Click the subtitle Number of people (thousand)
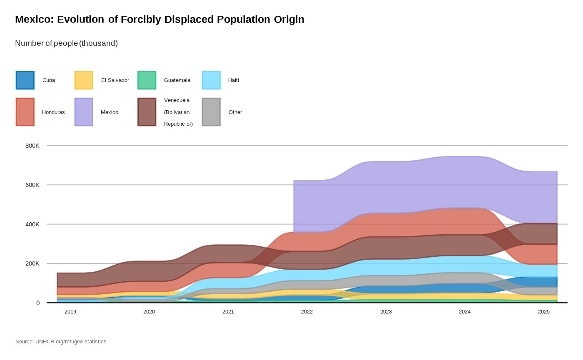[x=66, y=43]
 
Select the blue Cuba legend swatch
[x=25, y=80]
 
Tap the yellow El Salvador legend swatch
[x=84, y=80]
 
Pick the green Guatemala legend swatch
[x=147, y=80]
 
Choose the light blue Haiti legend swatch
[x=211, y=80]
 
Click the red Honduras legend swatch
[x=25, y=112]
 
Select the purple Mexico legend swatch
[x=84, y=112]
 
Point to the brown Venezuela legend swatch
[x=147, y=112]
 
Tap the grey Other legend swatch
[x=211, y=112]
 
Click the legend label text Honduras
[x=53, y=112]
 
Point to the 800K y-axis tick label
[x=32, y=146]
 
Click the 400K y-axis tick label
[x=32, y=224]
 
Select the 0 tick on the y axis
[x=38, y=303]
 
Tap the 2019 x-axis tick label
[x=70, y=312]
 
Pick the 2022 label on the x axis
[x=307, y=312]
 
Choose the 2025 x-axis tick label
[x=543, y=312]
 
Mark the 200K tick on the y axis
[x=32, y=263]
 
